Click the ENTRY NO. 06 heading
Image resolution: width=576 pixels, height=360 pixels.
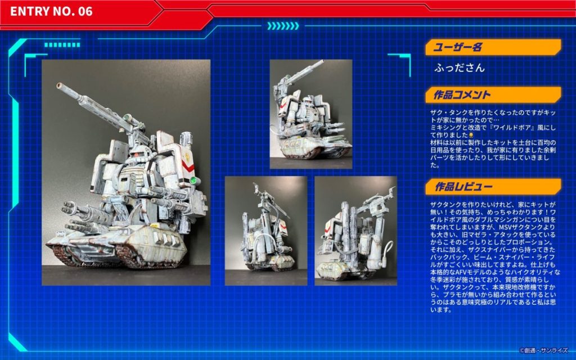click(x=51, y=11)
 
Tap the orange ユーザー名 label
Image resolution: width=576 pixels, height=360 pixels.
click(x=457, y=47)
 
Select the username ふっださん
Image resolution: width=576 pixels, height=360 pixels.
click(x=459, y=67)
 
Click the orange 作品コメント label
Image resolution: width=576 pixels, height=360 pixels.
click(x=462, y=94)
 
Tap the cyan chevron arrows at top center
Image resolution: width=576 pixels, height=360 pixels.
click(x=283, y=26)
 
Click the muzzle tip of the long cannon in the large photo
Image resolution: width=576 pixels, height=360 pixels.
click(x=58, y=85)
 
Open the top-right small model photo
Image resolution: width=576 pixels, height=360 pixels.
click(x=310, y=114)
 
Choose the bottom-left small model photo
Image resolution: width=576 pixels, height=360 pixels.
click(x=266, y=231)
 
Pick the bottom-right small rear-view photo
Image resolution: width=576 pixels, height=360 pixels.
click(x=355, y=231)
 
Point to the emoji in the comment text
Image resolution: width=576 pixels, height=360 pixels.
click(x=471, y=135)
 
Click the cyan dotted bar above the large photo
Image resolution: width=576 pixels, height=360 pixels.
click(x=62, y=45)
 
